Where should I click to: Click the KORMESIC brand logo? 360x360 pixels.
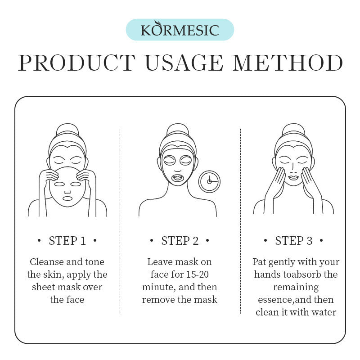click(x=180, y=30)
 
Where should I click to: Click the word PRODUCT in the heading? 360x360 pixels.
click(x=77, y=63)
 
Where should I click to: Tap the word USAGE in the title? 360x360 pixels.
click(x=184, y=63)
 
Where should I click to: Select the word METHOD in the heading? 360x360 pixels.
click(x=288, y=63)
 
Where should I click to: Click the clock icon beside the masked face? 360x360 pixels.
click(x=209, y=182)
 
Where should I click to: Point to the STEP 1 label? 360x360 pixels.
click(x=67, y=241)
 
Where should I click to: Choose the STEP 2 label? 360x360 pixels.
click(x=180, y=241)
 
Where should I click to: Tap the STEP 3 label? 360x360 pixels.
click(x=294, y=241)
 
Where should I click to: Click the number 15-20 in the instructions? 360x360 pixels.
click(x=197, y=274)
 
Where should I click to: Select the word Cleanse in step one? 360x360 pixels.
click(x=47, y=262)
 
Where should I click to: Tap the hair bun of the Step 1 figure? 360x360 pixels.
click(x=67, y=129)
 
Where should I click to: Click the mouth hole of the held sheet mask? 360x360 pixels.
click(x=67, y=198)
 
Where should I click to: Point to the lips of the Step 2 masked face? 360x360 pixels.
click(x=177, y=178)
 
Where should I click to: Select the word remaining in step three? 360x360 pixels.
click(x=296, y=287)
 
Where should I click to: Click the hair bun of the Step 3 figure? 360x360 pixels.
click(x=293, y=129)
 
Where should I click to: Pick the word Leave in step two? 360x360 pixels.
click(x=160, y=262)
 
